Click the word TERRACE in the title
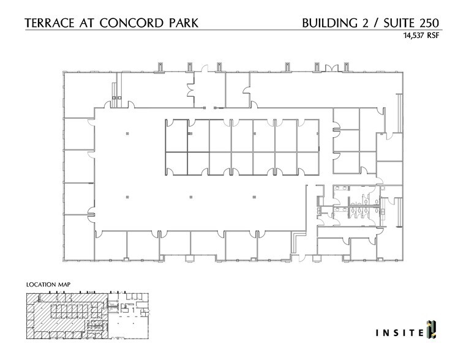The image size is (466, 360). coord(50,24)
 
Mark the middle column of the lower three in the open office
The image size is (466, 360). coord(191,197)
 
